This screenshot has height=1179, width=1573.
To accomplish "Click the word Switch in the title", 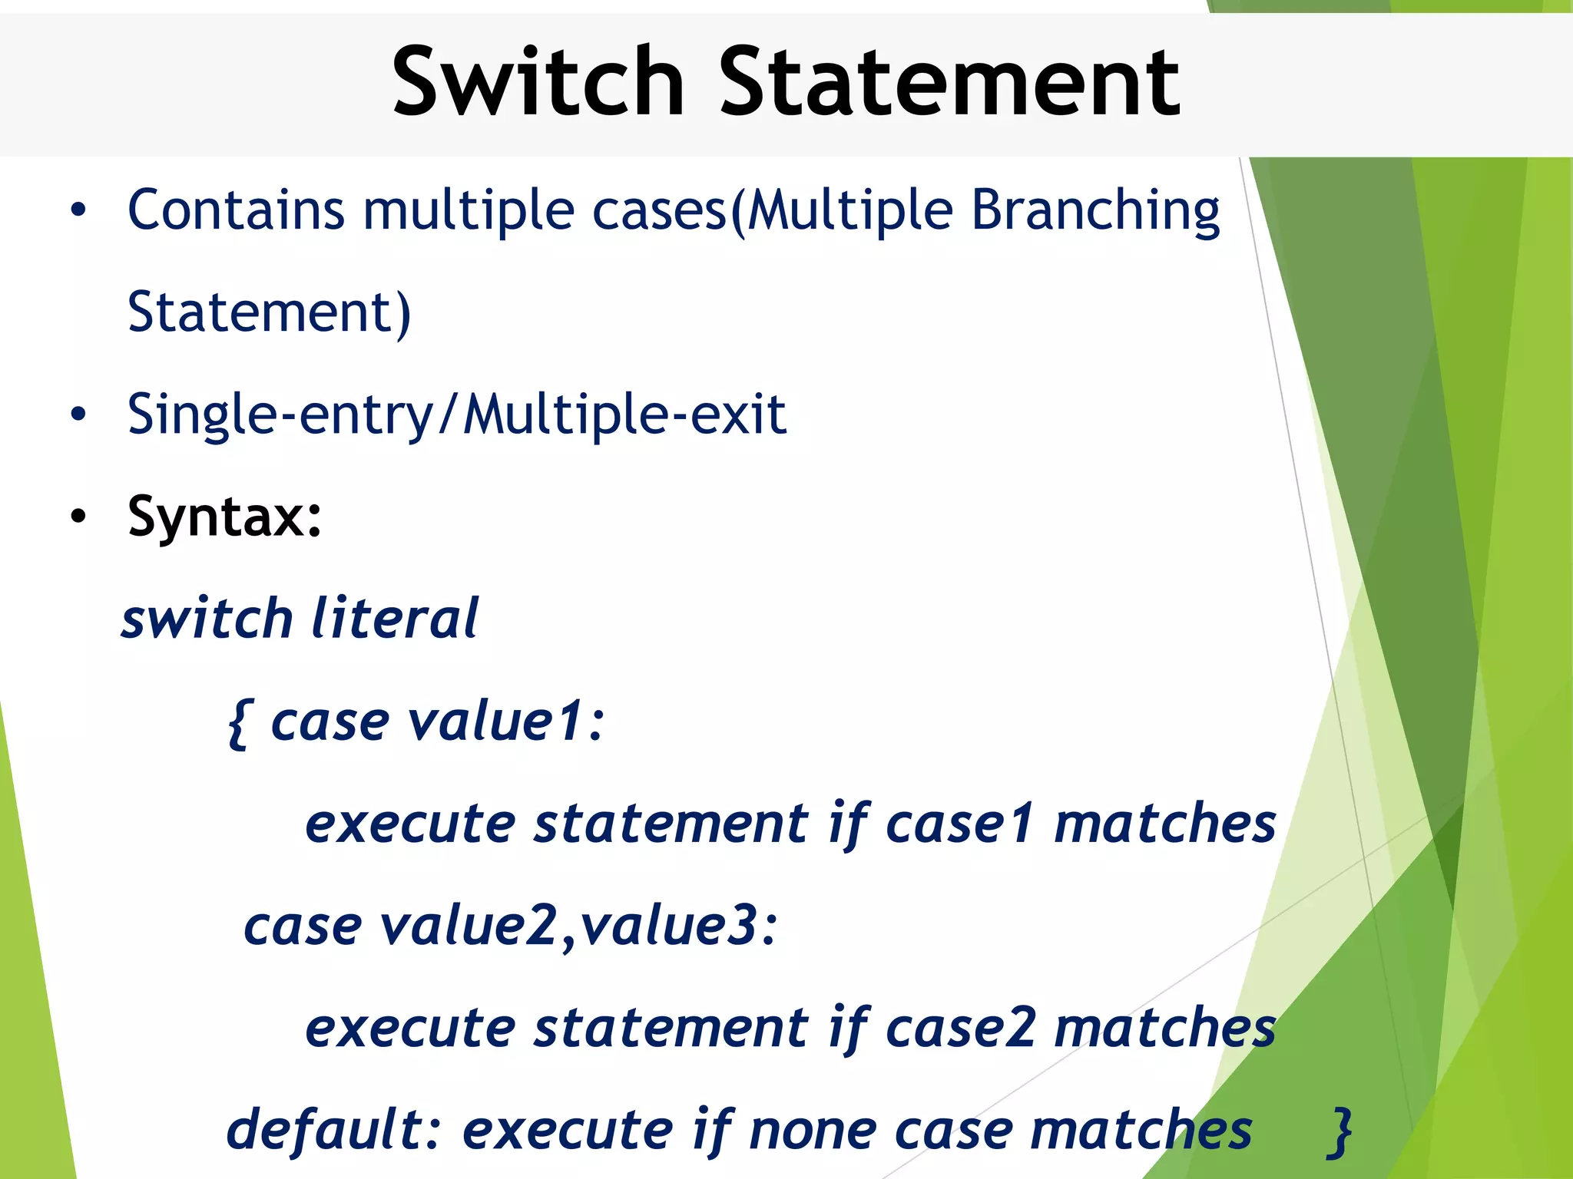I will pos(538,81).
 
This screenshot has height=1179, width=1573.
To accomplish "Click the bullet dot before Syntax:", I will pos(78,517).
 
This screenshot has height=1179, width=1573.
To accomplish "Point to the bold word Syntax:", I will pos(224,517).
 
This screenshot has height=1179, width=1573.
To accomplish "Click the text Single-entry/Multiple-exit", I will pos(457,415).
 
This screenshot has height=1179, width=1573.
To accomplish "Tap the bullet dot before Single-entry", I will pos(78,414).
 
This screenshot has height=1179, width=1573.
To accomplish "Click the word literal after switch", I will pos(395,619).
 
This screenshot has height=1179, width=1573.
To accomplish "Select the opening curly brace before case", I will pos(239,724).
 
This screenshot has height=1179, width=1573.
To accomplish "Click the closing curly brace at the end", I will pos(1341,1131).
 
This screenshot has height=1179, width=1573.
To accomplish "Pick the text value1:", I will pos(506,722).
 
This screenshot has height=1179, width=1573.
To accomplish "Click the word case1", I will pos(959,824).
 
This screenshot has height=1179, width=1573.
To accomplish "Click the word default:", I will pos(334,1130).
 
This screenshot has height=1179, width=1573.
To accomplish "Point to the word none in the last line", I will pos(813,1131).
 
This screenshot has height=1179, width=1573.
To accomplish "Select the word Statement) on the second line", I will pos(269,312).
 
